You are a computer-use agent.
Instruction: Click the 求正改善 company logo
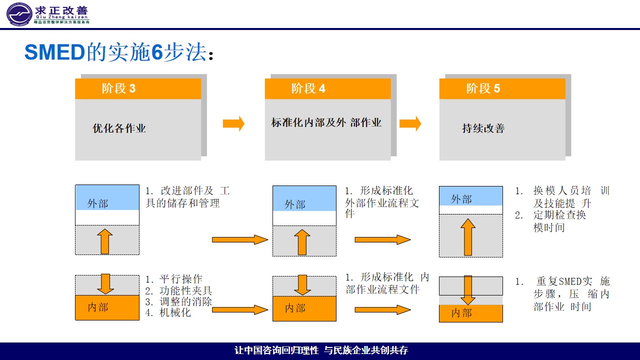48,14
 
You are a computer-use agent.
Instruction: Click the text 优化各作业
119,128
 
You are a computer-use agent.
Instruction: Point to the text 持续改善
483,128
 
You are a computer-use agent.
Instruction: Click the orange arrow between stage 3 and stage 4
233,123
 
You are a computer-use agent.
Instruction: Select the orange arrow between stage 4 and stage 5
410,123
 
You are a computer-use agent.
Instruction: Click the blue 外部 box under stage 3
107,198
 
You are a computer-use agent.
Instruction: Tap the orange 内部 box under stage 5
470,313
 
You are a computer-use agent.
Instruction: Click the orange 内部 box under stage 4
304,308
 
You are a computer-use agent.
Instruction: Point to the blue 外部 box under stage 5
470,196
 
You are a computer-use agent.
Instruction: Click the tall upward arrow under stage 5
467,237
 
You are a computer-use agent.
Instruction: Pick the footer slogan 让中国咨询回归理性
276,350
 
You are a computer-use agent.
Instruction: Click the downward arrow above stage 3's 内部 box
105,283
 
